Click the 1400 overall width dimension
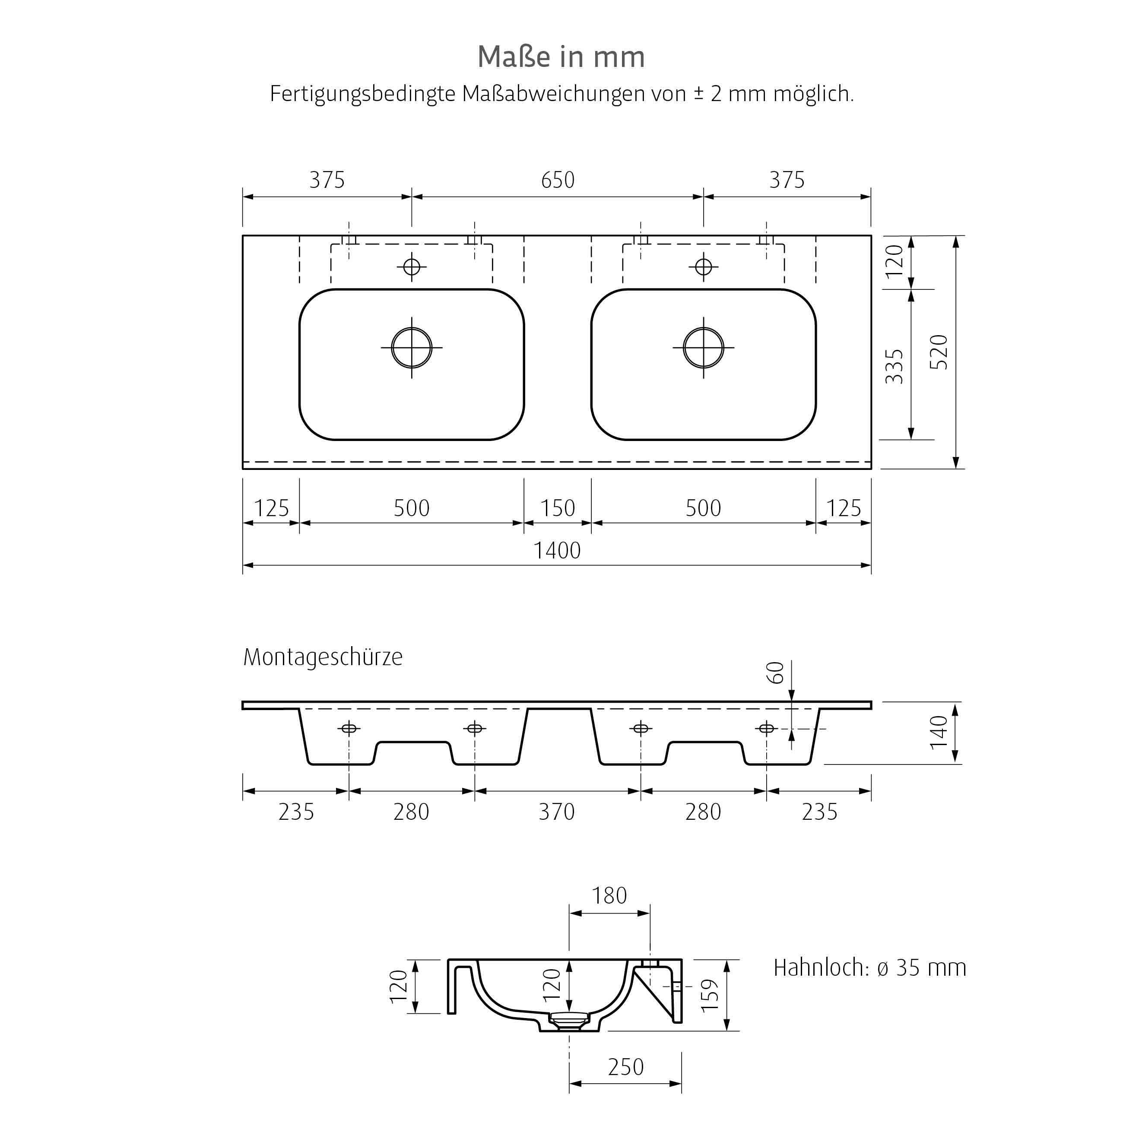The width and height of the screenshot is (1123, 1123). point(557,550)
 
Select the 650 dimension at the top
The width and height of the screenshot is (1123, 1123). point(558,180)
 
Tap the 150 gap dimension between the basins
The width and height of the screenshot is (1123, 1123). point(558,508)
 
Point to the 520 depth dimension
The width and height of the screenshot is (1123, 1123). point(939,352)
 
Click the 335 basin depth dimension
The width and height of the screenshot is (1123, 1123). point(894,366)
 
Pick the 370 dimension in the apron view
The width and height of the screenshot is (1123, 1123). point(556,812)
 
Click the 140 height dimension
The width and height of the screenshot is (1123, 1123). point(939,733)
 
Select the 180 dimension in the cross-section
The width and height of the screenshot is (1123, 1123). point(609,896)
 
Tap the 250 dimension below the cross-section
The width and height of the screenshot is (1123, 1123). point(625,1067)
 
